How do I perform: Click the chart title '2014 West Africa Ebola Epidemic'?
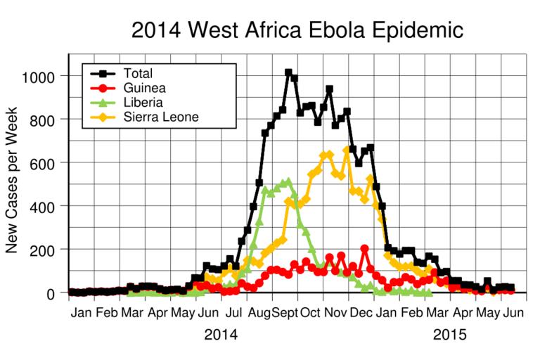(297, 30)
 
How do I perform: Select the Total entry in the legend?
(138, 72)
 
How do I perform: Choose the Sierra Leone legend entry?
(160, 117)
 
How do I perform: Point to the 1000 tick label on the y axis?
(41, 75)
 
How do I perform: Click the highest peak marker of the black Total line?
(288, 72)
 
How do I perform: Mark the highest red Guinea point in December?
(364, 248)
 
